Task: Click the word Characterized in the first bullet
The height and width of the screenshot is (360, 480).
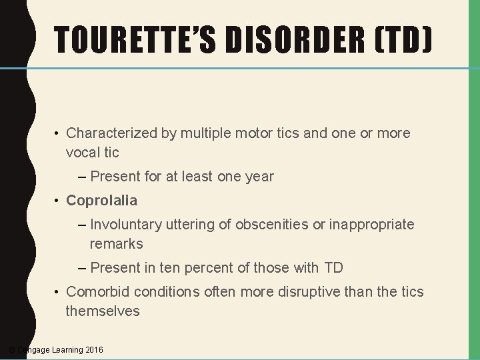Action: point(111,133)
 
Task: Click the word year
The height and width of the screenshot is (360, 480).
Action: point(259,177)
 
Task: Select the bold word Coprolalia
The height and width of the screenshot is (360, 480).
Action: point(102,201)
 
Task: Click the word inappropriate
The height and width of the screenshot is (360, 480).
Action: point(371,225)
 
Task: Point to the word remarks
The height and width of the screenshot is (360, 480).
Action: point(116,244)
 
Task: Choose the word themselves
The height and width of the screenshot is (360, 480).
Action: point(103,311)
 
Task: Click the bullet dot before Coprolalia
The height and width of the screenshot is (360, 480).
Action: point(58,201)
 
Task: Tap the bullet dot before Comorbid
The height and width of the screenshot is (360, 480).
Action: point(58,293)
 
